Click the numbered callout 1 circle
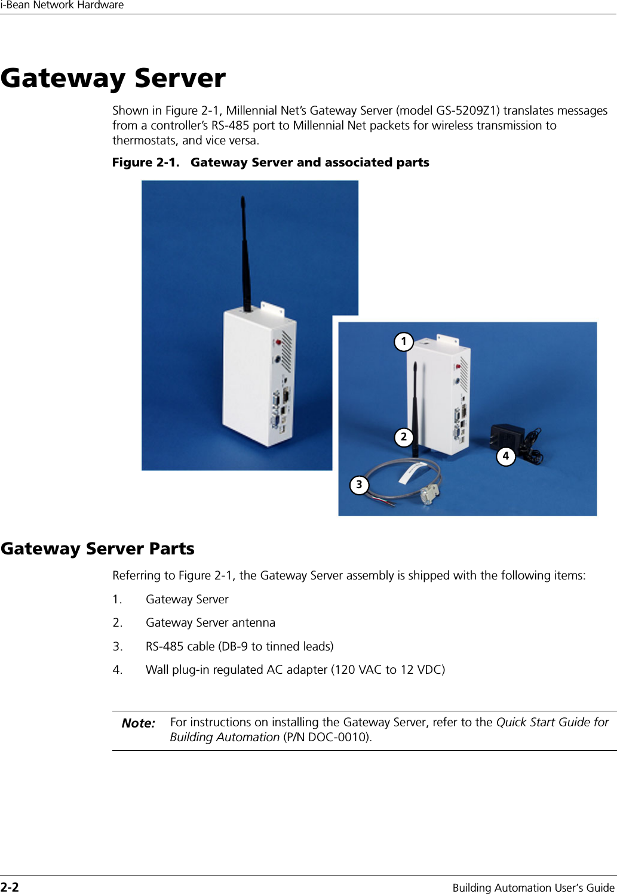404,341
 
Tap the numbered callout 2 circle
404,437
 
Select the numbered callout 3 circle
359,485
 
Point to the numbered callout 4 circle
506,456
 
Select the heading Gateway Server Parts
97,548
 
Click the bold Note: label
138,723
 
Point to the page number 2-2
10,887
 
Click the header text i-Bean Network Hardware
62,5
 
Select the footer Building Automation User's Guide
533,887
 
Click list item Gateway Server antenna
210,622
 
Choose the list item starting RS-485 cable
239,646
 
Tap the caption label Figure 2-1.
145,162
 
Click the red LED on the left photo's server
278,343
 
